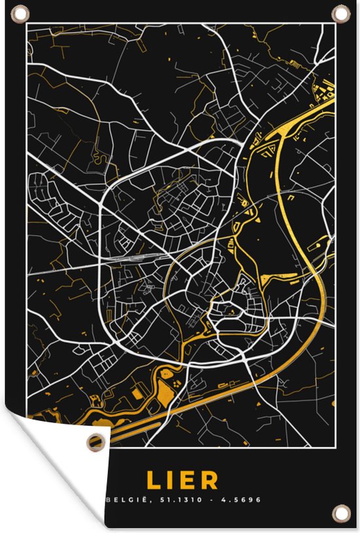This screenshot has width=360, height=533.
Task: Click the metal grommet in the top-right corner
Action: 341,12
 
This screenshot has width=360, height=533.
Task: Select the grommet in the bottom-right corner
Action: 341,511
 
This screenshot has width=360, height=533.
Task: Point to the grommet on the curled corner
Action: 96,443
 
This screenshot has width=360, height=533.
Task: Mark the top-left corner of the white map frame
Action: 26,24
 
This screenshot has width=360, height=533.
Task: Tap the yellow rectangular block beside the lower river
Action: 137,394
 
